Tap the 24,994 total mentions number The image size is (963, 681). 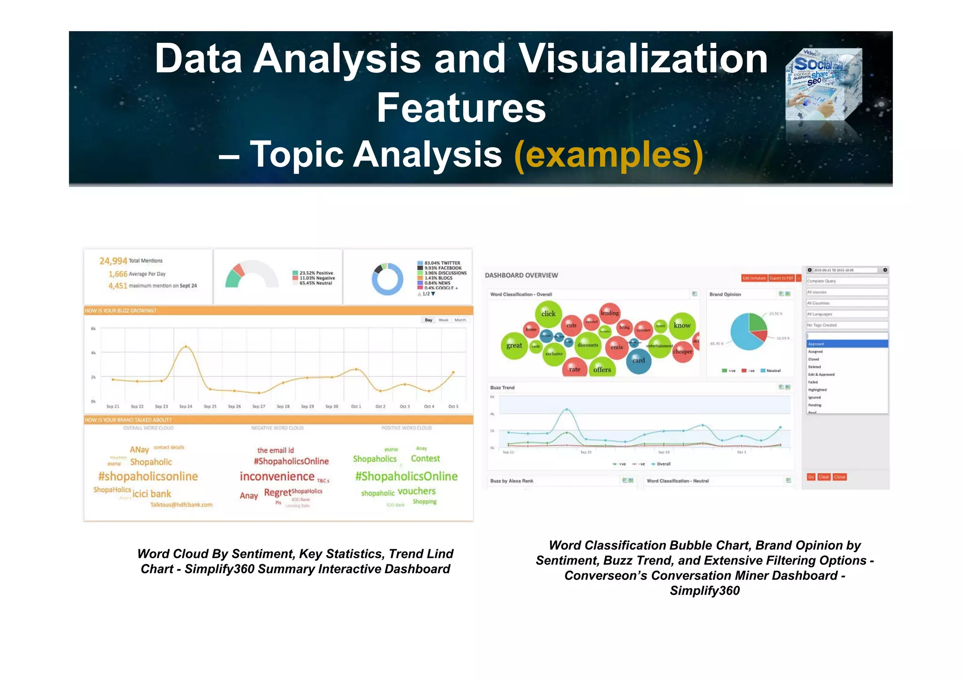(x=113, y=261)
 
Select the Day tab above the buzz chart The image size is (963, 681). (x=428, y=320)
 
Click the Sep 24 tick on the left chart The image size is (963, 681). (x=186, y=406)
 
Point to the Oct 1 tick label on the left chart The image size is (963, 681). (x=356, y=406)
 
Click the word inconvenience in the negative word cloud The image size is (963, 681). (x=277, y=476)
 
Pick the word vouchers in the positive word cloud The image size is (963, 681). (x=417, y=491)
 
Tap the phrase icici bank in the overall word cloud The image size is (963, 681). (x=151, y=494)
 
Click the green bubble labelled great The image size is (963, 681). (x=514, y=346)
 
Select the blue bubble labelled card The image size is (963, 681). (x=639, y=361)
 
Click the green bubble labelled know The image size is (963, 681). (x=682, y=325)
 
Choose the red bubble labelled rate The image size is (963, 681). (x=575, y=369)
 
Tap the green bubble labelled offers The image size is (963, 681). (x=602, y=370)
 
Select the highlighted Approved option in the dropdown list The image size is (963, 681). (x=847, y=344)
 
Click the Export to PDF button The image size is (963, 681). (x=781, y=278)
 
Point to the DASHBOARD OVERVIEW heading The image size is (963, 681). (x=521, y=276)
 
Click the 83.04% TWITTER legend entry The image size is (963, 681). (x=442, y=263)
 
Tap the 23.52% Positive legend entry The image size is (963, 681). (x=316, y=273)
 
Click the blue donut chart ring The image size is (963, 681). (x=387, y=292)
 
